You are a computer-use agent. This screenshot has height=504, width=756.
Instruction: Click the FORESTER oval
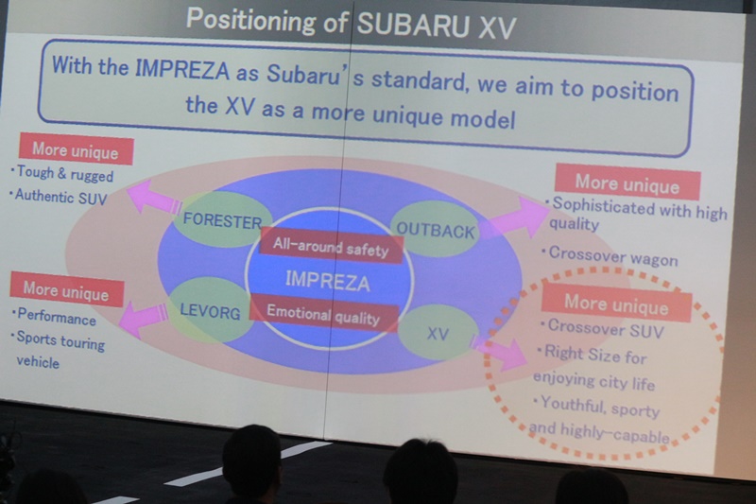click(x=223, y=220)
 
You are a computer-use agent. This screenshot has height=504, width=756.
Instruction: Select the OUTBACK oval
click(x=436, y=229)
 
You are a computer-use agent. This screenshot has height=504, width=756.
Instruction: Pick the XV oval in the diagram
click(x=437, y=332)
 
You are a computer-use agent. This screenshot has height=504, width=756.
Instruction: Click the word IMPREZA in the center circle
click(x=328, y=281)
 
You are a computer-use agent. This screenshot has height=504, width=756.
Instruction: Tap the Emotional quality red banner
click(x=323, y=314)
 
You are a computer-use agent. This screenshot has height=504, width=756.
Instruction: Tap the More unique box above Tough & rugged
click(x=76, y=150)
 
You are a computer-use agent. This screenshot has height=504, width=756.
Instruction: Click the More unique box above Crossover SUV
click(x=615, y=304)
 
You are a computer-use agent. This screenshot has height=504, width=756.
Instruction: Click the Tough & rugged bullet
click(x=64, y=175)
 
